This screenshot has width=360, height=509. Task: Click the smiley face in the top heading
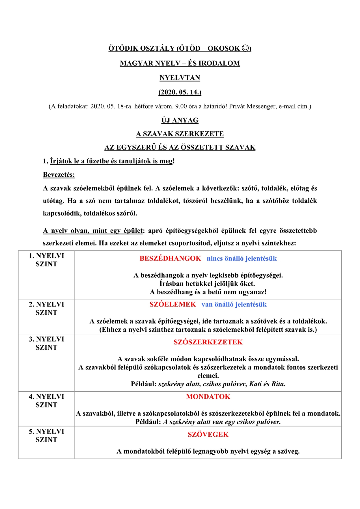click(246, 48)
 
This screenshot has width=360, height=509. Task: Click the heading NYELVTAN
click(180, 78)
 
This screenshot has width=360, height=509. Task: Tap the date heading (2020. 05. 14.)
click(180, 92)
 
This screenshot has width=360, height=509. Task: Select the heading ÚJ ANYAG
click(180, 120)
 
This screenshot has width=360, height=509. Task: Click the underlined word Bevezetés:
click(59, 175)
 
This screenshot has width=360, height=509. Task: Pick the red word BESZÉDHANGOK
click(170, 258)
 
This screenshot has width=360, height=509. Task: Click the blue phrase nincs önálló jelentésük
click(242, 258)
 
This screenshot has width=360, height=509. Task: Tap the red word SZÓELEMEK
click(173, 305)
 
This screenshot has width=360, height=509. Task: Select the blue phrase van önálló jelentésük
click(234, 305)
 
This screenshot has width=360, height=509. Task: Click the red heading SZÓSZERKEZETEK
click(208, 342)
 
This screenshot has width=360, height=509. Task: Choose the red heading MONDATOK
click(208, 397)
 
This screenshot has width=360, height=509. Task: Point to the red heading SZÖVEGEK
click(208, 435)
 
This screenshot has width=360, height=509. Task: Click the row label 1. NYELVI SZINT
click(46, 260)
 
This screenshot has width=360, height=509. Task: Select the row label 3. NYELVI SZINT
click(46, 343)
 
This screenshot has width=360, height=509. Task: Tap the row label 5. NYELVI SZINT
click(46, 435)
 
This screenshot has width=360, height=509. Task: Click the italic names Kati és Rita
click(267, 384)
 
